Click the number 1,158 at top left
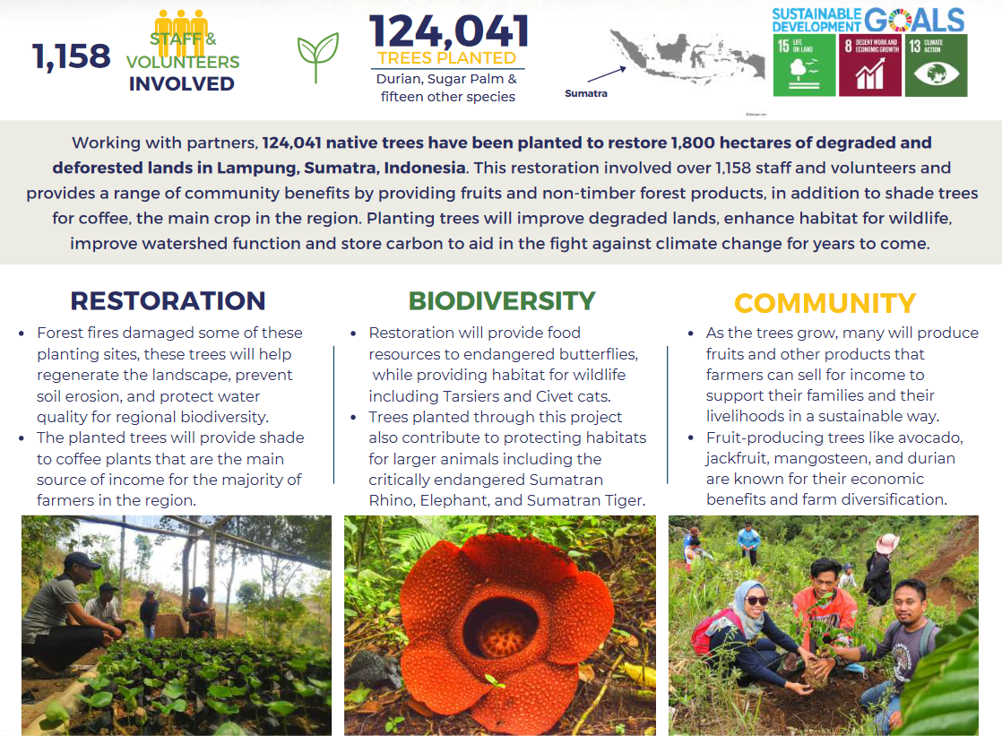pos(72,56)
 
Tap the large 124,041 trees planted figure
pos(448,31)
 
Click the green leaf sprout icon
pos(318,57)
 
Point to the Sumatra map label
pos(585,93)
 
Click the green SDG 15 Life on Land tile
pos(803,65)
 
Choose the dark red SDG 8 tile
pos(869,65)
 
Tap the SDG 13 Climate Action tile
pos(936,65)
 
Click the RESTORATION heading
pos(168,300)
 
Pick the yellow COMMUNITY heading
pos(825,303)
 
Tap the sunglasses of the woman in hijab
pos(756,601)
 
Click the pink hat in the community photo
pos(887,542)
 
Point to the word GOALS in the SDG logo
pos(914,19)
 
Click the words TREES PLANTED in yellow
pos(447,58)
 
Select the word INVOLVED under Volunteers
pos(181,84)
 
